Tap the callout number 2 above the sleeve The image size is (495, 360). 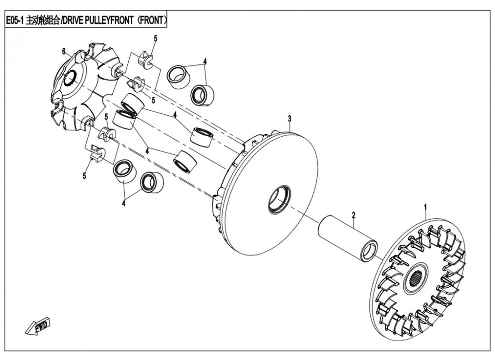tap(354, 215)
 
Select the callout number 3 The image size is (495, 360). tap(290, 118)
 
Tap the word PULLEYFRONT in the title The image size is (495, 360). tap(112, 21)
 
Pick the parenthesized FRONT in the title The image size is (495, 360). tap(153, 21)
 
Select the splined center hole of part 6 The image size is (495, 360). tap(71, 79)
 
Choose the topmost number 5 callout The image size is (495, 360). tap(155, 38)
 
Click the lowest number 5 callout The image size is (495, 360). tap(85, 176)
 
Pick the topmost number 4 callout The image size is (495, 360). tap(205, 61)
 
